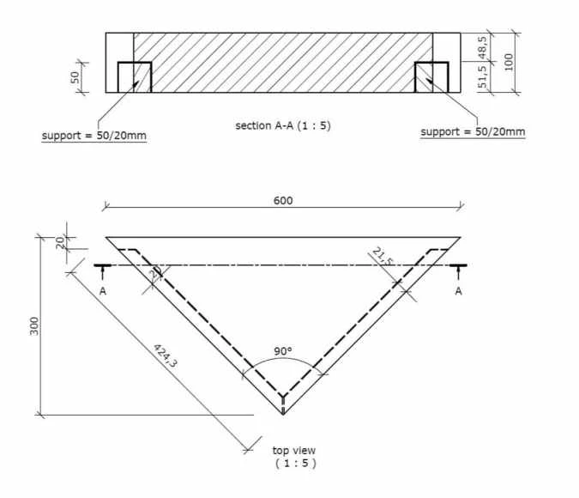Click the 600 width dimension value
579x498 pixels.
283,200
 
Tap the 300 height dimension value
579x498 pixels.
34,326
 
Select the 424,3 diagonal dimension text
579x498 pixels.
166,355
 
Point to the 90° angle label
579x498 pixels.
283,351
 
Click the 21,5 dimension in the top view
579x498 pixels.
383,257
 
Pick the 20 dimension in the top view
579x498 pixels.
60,243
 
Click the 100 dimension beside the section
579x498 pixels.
509,62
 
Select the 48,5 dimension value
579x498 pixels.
482,47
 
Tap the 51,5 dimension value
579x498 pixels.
482,77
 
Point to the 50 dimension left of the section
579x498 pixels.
75,77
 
